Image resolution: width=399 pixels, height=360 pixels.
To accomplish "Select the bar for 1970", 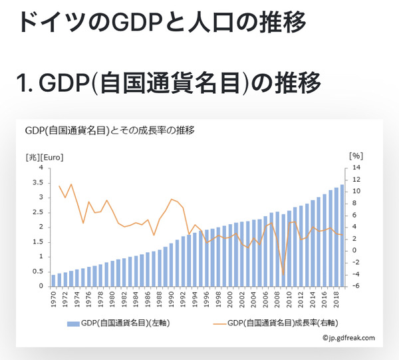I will click(53, 280).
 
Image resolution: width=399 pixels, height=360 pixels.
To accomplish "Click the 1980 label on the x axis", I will click(112, 300).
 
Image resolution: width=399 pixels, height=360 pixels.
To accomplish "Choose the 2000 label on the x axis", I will click(230, 300).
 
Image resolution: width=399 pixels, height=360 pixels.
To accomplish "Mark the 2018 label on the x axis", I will click(336, 300).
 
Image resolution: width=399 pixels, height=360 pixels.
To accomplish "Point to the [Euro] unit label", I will click(53, 157).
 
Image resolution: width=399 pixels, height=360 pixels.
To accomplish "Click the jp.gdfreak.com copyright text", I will click(349, 338).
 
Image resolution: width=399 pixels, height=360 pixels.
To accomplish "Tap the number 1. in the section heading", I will click(25, 85).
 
